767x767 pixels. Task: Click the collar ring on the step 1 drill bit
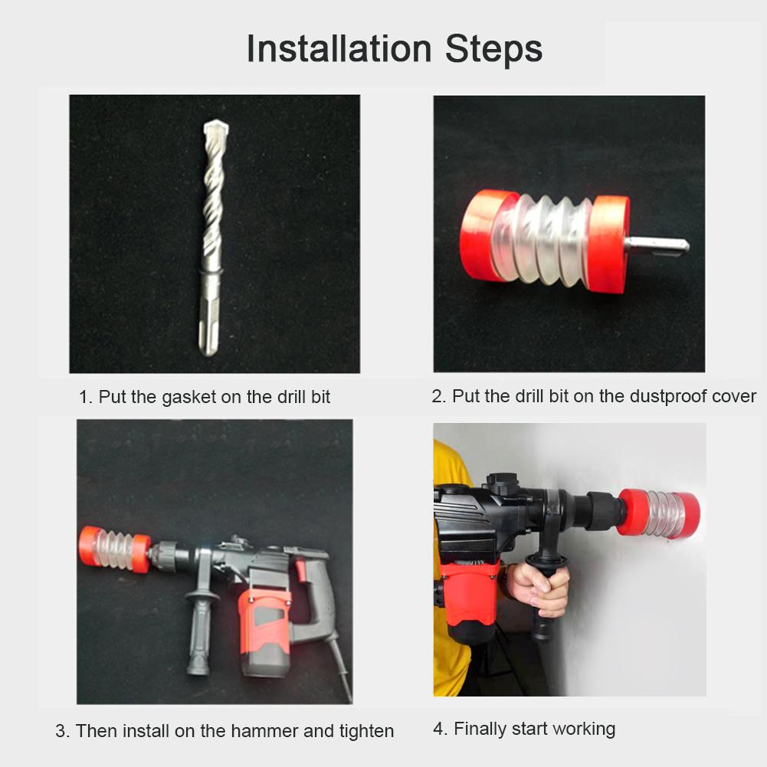point(211,271)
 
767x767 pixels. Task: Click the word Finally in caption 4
point(483,729)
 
